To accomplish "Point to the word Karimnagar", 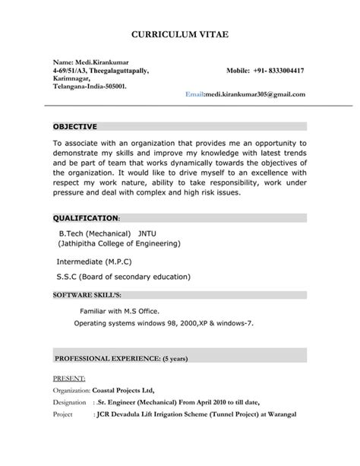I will point(71,78).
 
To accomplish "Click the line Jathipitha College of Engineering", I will point(119,244).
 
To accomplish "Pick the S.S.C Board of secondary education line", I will point(124,277).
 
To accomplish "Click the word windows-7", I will point(233,323).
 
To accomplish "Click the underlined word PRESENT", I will point(68,377).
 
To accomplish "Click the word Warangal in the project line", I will point(276,414).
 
